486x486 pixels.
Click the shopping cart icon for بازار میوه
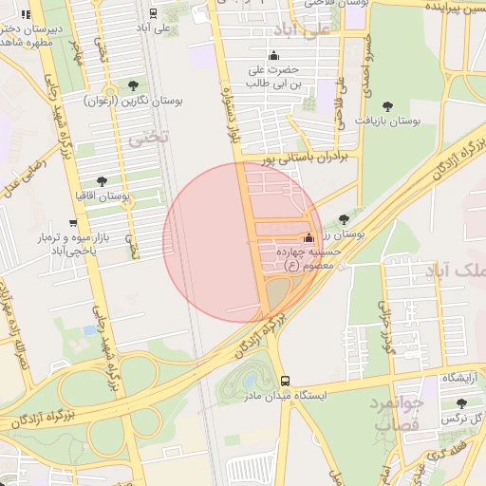click(73, 222)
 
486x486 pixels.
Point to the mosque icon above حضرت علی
click(274, 55)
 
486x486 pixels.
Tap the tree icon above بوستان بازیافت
click(387, 106)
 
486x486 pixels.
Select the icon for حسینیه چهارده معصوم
click(308, 238)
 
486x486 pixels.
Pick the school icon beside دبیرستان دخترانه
click(25, 14)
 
